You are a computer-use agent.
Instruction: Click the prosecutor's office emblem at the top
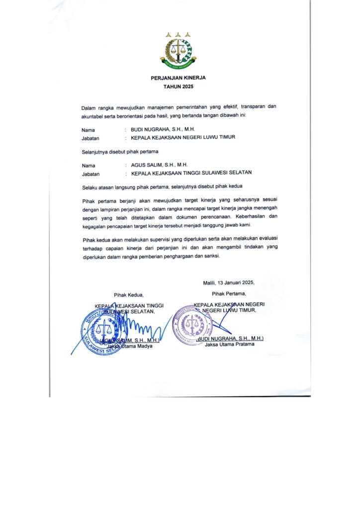click(x=178, y=50)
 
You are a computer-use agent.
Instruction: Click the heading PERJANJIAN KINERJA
click(x=178, y=78)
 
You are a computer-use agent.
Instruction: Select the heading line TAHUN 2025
click(x=178, y=86)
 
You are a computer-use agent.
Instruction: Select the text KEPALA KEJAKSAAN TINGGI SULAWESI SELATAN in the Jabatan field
click(x=191, y=173)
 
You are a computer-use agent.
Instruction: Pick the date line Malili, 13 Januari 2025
click(x=229, y=282)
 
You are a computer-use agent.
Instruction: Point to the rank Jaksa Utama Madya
click(x=130, y=346)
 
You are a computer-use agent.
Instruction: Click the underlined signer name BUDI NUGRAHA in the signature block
click(x=230, y=338)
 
